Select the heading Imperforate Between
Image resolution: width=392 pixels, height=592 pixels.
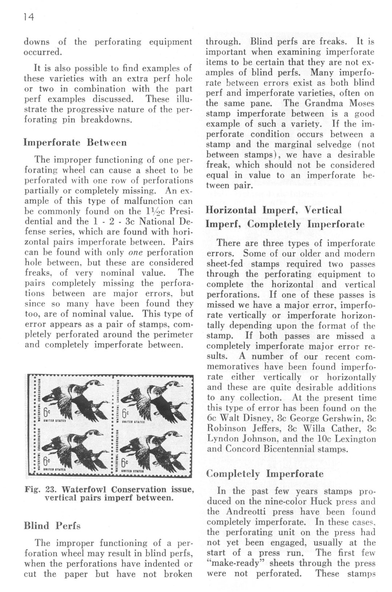coord(75,142)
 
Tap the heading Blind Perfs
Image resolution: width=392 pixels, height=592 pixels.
coord(52,526)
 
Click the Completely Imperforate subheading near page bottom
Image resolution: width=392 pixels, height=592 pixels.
coord(264,474)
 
